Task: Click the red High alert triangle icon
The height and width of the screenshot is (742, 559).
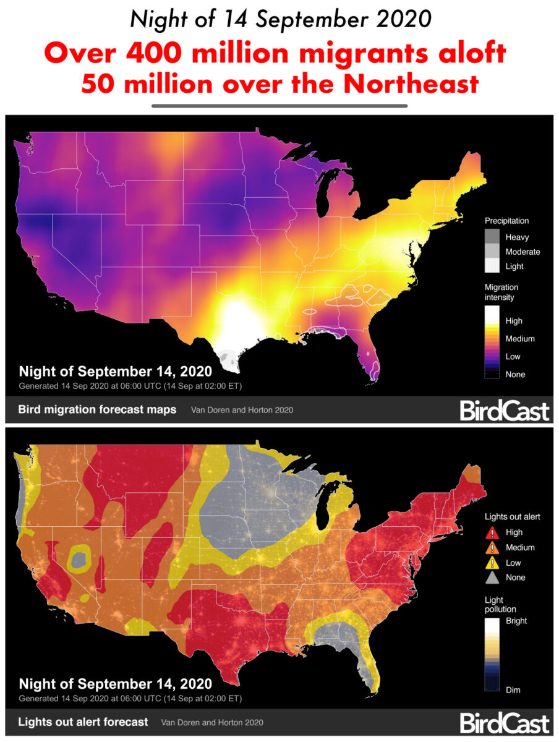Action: [x=493, y=532]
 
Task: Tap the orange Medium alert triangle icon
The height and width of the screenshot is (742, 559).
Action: [x=493, y=548]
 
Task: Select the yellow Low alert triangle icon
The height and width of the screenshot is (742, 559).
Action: [x=493, y=563]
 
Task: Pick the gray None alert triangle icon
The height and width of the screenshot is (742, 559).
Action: [x=493, y=578]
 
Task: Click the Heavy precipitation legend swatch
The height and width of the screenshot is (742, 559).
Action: [x=493, y=237]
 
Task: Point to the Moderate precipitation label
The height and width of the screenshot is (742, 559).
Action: [x=523, y=252]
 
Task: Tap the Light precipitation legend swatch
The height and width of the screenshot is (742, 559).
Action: [x=493, y=266]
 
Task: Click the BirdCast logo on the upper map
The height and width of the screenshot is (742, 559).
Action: [x=504, y=410]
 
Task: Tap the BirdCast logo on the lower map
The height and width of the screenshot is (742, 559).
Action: [x=504, y=722]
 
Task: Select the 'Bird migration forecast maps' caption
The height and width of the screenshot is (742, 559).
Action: [x=97, y=409]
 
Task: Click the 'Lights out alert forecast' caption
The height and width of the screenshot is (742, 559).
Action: [x=83, y=722]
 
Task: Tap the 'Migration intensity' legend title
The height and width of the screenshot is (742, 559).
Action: [x=501, y=292]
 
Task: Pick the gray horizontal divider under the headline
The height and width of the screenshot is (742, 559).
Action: [x=279, y=106]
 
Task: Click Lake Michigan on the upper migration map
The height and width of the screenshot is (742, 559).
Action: [x=324, y=191]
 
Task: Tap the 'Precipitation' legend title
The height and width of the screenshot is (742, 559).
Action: [x=506, y=221]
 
